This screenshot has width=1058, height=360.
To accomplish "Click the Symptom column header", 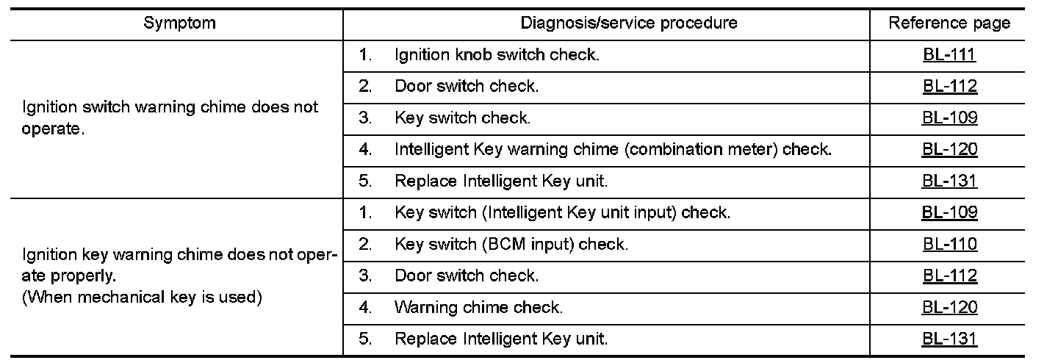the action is (180, 23).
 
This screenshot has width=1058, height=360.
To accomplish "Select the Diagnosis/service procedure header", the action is (629, 23).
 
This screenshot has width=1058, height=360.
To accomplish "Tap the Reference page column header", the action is (949, 23).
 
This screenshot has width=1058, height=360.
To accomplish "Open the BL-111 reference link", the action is (949, 55).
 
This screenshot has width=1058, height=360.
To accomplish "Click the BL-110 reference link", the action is (949, 245).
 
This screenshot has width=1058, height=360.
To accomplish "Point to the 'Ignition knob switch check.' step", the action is (497, 55).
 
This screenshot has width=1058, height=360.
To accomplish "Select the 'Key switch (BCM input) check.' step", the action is (511, 245).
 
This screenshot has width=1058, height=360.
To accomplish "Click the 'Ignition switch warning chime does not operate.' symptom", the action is (171, 118).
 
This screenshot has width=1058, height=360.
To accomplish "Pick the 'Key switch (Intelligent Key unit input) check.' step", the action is (562, 213).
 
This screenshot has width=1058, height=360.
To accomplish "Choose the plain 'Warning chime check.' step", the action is (478, 308).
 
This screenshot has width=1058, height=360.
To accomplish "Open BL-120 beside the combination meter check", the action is (949, 150).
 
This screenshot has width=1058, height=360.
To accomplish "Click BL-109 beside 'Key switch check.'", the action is (949, 118).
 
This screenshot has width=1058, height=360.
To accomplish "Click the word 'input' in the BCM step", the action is (550, 245).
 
